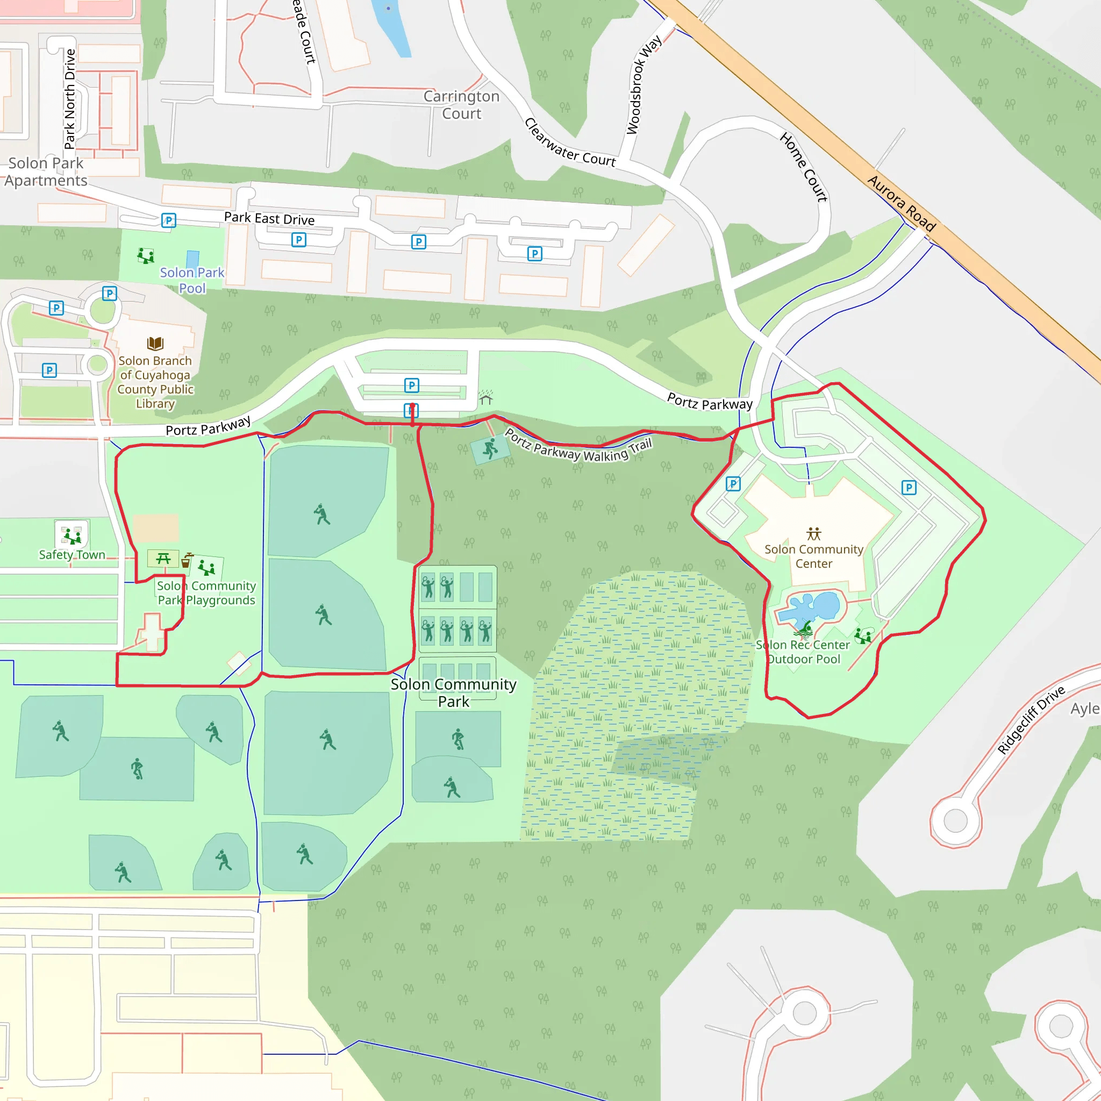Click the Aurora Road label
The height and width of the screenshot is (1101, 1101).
click(901, 203)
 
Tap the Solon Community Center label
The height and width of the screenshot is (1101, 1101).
click(814, 556)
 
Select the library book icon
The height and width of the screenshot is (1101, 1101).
click(155, 343)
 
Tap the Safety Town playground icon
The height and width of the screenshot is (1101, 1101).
click(72, 535)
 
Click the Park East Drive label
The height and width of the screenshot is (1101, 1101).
click(269, 218)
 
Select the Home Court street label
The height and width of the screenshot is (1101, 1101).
click(804, 167)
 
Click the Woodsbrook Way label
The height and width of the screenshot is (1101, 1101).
click(644, 84)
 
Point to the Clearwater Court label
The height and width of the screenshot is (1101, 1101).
click(569, 143)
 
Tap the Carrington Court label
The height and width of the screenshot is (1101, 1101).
click(462, 105)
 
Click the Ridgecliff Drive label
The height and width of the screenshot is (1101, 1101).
click(1031, 720)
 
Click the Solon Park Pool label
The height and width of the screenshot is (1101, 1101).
click(192, 281)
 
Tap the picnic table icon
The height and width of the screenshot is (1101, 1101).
click(163, 559)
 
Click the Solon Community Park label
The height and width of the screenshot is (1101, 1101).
click(454, 692)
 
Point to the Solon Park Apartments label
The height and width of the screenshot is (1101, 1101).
click(46, 171)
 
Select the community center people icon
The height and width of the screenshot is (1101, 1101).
click(814, 533)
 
